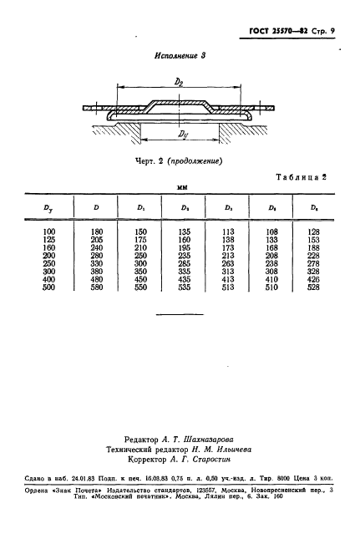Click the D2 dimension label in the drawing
point(179,81)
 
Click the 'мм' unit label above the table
point(181,188)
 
